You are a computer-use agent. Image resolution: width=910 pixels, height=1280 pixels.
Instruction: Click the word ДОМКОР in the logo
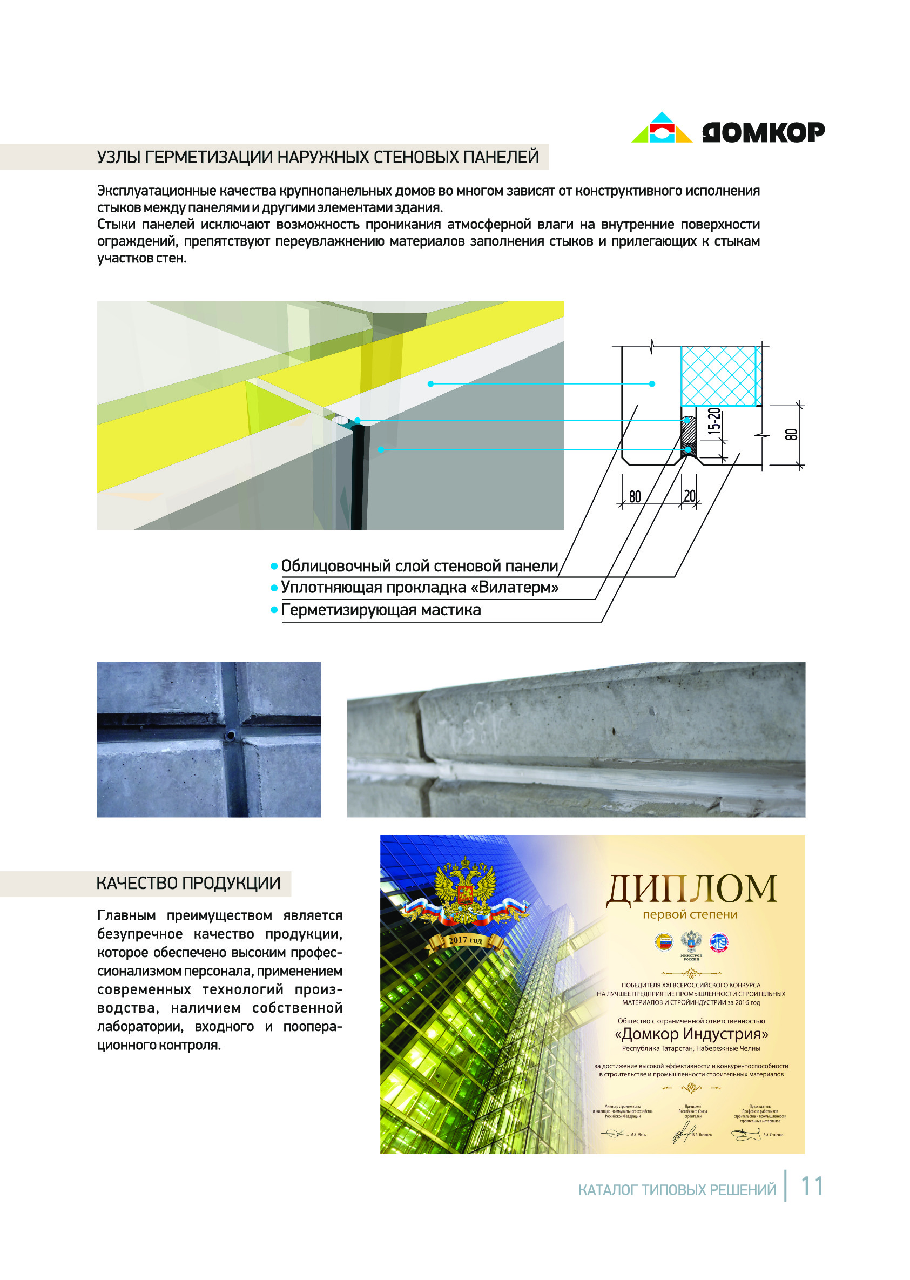pyautogui.click(x=763, y=132)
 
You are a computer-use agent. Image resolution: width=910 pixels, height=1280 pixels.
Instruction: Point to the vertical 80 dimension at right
pyautogui.click(x=791, y=434)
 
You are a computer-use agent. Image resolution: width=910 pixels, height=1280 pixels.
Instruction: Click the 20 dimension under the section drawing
pyautogui.click(x=689, y=496)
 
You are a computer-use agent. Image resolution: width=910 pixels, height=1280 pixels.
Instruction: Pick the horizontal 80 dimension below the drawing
pyautogui.click(x=635, y=496)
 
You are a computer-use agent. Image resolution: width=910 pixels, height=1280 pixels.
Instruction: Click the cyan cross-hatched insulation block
pyautogui.click(x=720, y=375)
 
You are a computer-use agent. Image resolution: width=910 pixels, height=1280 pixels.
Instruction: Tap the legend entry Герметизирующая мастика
pyautogui.click(x=381, y=610)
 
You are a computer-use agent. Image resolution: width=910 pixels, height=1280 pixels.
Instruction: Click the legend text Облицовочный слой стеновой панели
pyautogui.click(x=419, y=566)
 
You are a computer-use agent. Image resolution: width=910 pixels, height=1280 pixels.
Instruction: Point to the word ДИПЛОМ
pyautogui.click(x=691, y=890)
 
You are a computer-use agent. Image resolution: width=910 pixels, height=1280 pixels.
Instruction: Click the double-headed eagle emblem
pyautogui.click(x=466, y=895)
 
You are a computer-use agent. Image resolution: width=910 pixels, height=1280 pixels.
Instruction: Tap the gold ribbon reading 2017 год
pyautogui.click(x=464, y=941)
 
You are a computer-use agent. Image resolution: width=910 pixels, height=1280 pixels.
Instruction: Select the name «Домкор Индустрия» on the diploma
pyautogui.click(x=691, y=1033)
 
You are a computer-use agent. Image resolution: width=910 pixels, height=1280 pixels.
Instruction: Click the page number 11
pyautogui.click(x=811, y=1187)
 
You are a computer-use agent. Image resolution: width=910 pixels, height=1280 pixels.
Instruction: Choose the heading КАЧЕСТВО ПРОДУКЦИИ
pyautogui.click(x=188, y=884)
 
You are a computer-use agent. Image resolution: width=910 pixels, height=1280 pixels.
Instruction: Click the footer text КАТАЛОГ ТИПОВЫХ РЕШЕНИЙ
pyautogui.click(x=677, y=1190)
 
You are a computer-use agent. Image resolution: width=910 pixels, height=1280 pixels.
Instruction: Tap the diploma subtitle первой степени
pyautogui.click(x=690, y=914)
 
